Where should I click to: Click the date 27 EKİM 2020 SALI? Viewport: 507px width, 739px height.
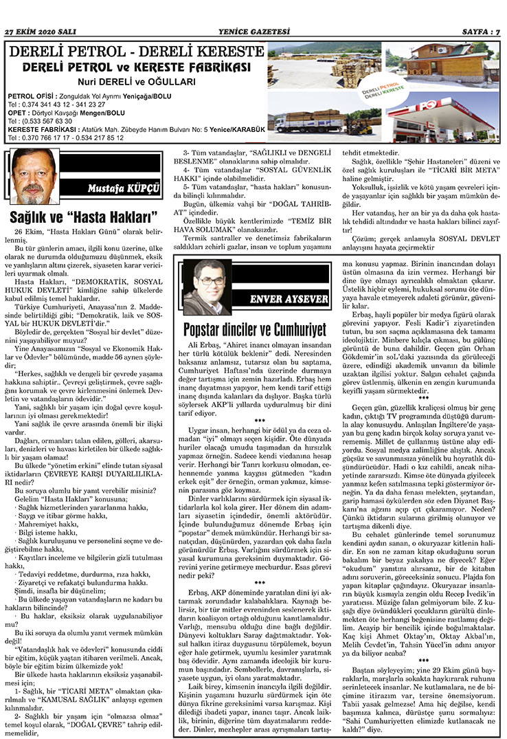tap(40, 32)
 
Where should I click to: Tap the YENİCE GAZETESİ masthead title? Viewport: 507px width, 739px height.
tap(254, 32)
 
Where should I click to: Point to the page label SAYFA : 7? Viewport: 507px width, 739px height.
tap(478, 32)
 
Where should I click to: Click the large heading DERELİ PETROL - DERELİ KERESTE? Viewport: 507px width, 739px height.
tap(135, 52)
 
